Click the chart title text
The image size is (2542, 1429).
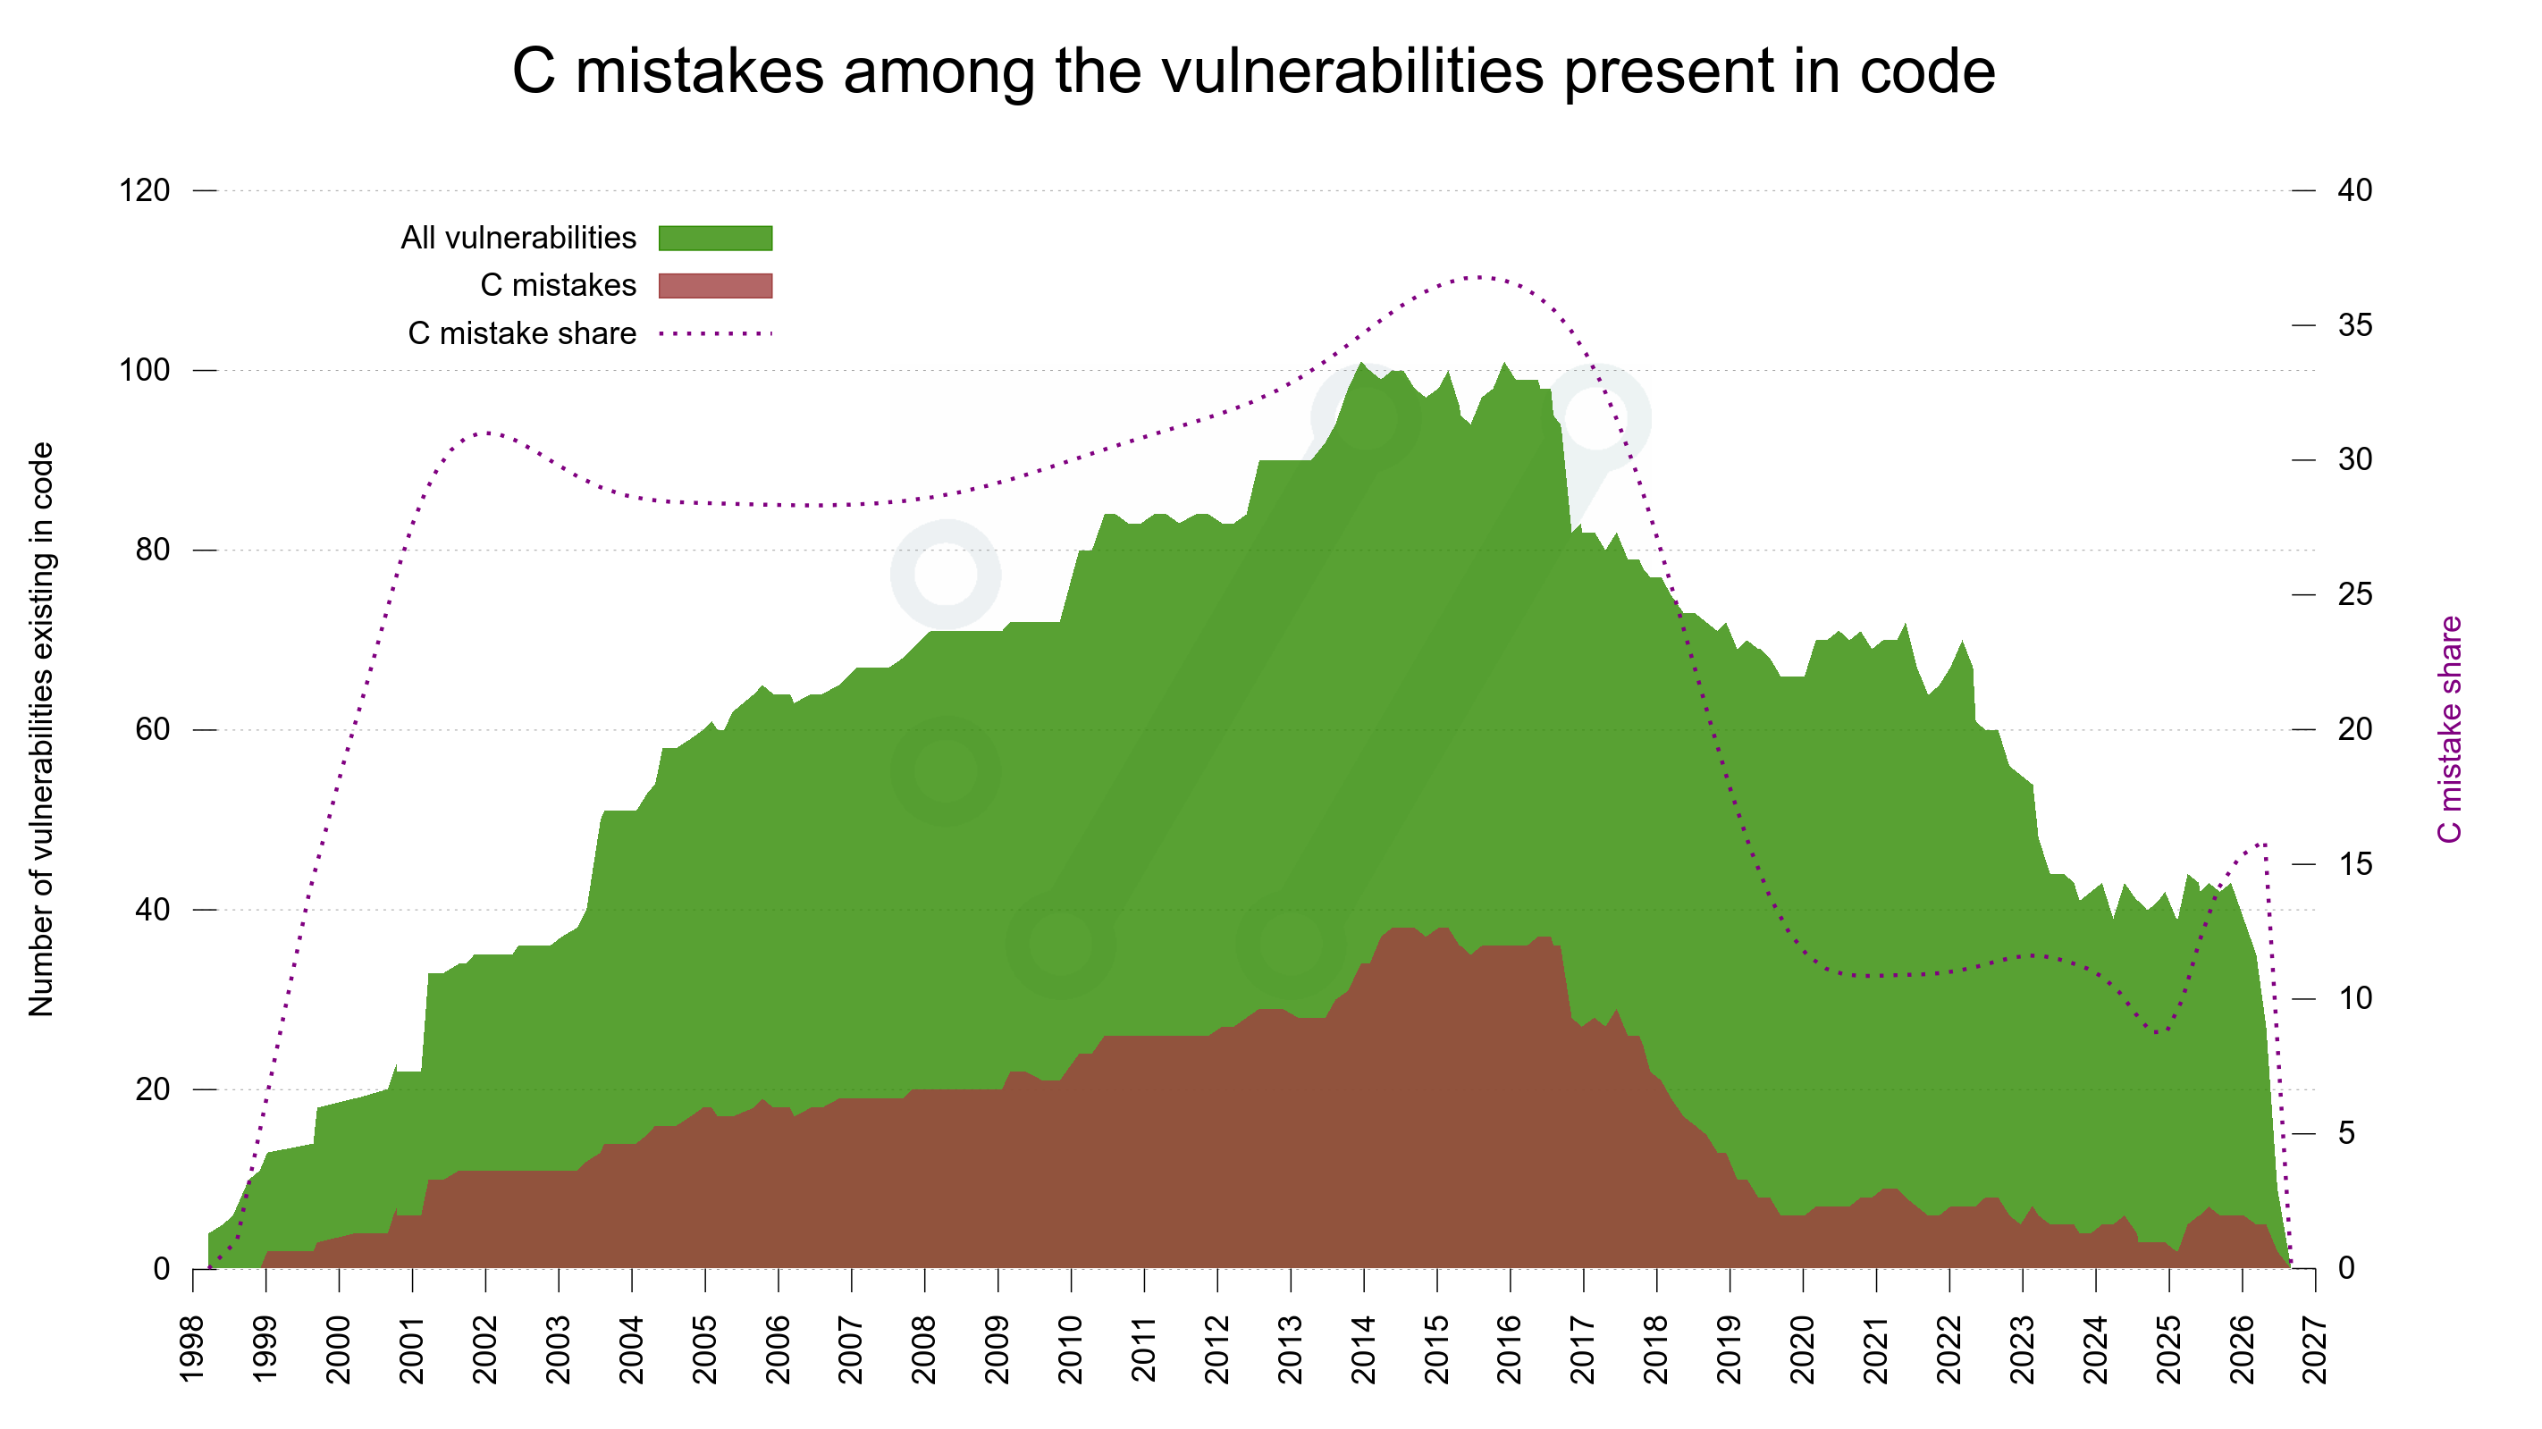coord(1253,71)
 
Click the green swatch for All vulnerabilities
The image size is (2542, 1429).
coord(715,238)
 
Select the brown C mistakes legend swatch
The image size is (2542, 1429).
coord(715,285)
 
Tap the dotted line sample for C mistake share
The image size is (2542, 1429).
coord(715,333)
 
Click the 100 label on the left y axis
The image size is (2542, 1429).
coord(144,370)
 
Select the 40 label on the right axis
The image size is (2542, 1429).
coord(2355,189)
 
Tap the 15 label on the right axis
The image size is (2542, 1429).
coord(2355,864)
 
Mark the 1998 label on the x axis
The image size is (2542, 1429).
coord(193,1349)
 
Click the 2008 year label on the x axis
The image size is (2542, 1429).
coord(924,1349)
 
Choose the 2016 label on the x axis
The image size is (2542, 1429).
coord(1511,1349)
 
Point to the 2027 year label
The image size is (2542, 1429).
coord(2315,1349)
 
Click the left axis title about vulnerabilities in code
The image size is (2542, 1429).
coord(41,729)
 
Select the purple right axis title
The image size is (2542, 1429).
coord(2450,729)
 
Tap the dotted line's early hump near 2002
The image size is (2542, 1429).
coord(485,433)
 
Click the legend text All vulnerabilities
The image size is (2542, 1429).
coord(518,238)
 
